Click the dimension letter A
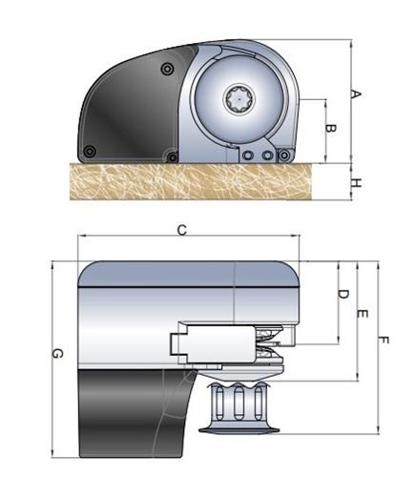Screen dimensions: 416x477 coord(357,94)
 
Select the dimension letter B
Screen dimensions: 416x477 coord(331,129)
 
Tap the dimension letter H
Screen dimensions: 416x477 coord(357,183)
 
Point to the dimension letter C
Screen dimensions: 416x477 coord(182,230)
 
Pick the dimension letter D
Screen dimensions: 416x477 coord(343,294)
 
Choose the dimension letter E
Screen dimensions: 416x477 coord(363,314)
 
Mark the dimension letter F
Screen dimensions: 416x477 coord(384,341)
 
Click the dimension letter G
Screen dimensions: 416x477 coord(57,353)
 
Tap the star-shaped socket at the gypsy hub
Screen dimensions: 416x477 coord(239,99)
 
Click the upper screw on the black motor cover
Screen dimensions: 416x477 coord(167,69)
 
